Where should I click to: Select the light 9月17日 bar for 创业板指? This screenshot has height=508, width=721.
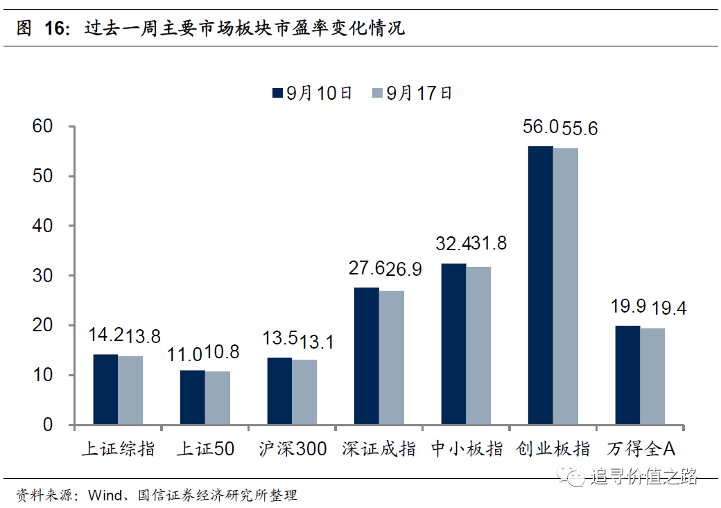565,286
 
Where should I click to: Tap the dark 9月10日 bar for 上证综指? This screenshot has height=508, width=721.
105,389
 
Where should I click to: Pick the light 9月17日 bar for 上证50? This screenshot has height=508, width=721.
217,398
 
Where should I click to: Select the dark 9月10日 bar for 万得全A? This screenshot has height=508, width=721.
627,375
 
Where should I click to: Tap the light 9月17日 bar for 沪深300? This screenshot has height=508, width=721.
304,392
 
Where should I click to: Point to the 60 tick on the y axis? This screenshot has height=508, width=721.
43,126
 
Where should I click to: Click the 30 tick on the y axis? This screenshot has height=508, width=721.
43,276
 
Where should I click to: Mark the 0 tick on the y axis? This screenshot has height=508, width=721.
48,425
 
